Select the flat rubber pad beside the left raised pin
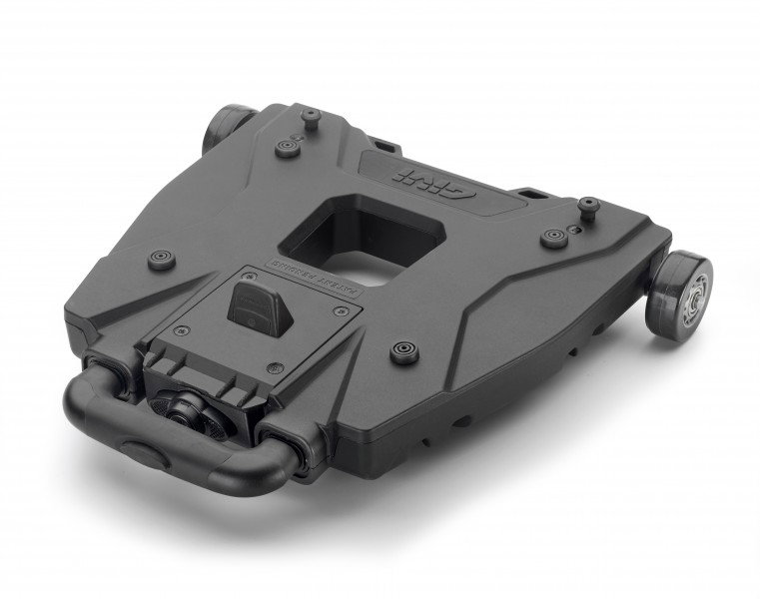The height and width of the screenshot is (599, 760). [288, 147]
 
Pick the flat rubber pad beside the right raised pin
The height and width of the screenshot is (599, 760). [550, 237]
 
